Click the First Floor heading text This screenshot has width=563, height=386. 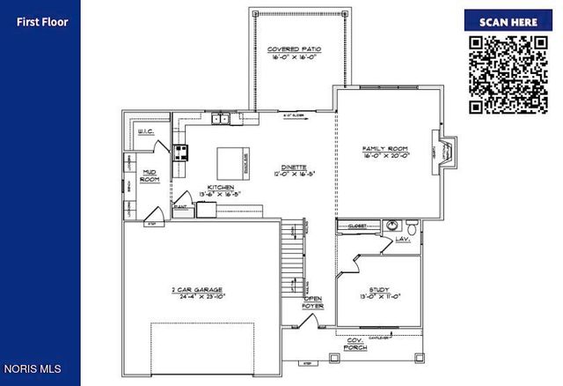click(41, 22)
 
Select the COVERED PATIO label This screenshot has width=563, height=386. click(295, 49)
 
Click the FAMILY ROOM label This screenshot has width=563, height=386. click(386, 148)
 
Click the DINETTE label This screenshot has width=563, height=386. click(294, 167)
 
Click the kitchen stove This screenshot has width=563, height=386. click(180, 153)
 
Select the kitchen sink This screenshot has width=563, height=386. click(220, 118)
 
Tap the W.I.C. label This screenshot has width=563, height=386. click(147, 132)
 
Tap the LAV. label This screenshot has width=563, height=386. click(405, 239)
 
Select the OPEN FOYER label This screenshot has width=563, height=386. click(314, 303)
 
